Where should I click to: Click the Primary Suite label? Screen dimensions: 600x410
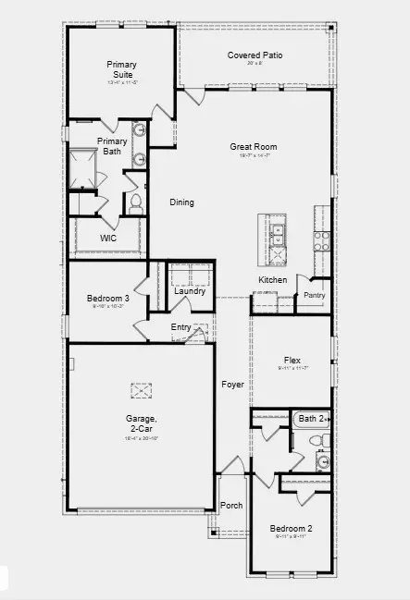pyautogui.click(x=121, y=69)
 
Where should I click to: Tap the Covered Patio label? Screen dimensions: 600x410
pyautogui.click(x=255, y=55)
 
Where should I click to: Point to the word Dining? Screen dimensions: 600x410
pyautogui.click(x=181, y=202)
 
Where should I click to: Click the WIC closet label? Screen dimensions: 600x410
pyautogui.click(x=108, y=238)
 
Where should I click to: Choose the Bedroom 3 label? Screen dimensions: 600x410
pyautogui.click(x=108, y=298)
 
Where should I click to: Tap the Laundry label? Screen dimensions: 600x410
pyautogui.click(x=190, y=291)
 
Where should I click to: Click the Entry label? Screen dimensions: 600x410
pyautogui.click(x=181, y=327)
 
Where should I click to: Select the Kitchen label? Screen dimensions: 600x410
pyautogui.click(x=272, y=280)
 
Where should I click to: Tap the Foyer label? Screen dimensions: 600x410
pyautogui.click(x=231, y=385)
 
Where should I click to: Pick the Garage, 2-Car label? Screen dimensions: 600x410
pyautogui.click(x=142, y=423)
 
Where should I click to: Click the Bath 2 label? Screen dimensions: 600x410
pyautogui.click(x=308, y=419)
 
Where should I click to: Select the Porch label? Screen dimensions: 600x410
pyautogui.click(x=231, y=506)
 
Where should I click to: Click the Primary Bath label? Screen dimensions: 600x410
pyautogui.click(x=112, y=146)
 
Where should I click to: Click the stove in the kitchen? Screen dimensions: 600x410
pyautogui.click(x=321, y=241)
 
